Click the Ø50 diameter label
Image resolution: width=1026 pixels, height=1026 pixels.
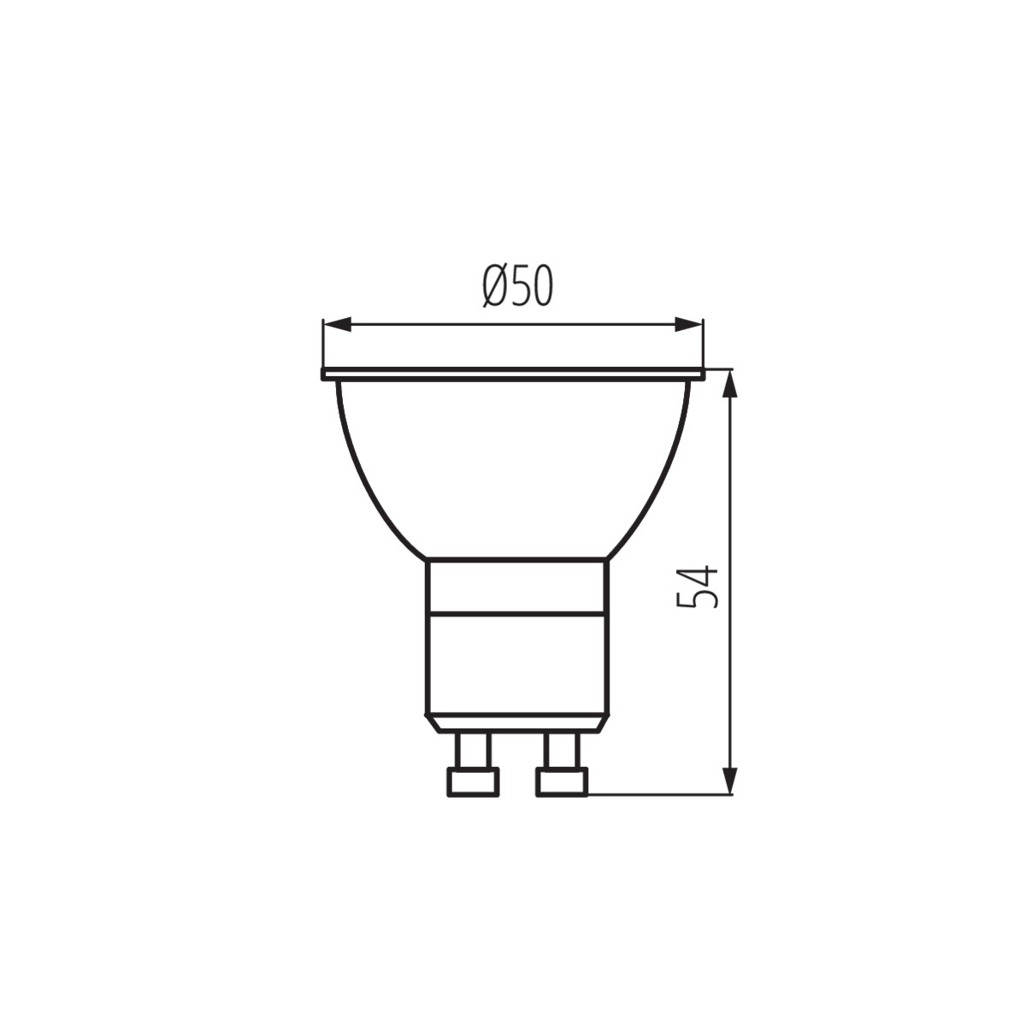517,286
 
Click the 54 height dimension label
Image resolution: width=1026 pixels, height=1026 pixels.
697,587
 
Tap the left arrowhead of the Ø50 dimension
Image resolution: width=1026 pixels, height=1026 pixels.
337,324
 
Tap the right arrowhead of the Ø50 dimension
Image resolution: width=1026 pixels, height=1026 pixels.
689,324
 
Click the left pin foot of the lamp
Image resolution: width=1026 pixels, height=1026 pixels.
473,797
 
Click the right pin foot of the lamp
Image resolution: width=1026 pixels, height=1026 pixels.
562,797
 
